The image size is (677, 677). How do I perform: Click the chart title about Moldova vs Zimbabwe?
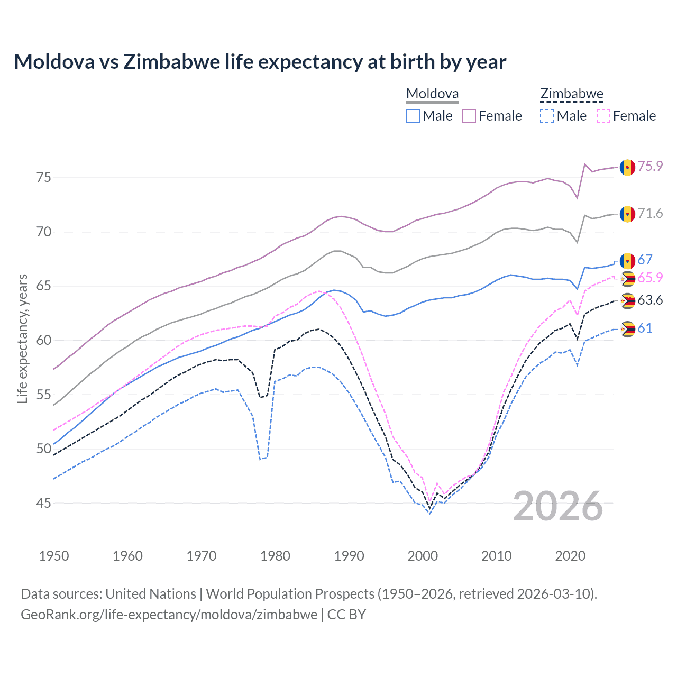(260, 62)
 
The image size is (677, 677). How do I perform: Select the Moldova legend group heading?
(432, 94)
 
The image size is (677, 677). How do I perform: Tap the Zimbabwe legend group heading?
(571, 94)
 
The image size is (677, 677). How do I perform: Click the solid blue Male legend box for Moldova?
(413, 116)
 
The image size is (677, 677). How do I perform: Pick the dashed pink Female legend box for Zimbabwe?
(603, 116)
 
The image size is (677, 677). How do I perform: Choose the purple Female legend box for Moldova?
(469, 116)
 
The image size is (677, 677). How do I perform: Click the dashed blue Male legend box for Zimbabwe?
(547, 116)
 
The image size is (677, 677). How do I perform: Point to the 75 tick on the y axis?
(44, 177)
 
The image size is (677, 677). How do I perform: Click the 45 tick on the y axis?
(44, 503)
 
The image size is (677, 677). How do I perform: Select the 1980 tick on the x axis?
(275, 556)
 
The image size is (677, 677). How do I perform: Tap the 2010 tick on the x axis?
(496, 556)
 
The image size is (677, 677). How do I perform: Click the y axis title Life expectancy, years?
(22, 339)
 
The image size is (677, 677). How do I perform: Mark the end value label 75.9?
(650, 166)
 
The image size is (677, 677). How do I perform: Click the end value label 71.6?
(650, 213)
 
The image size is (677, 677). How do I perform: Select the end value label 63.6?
(650, 300)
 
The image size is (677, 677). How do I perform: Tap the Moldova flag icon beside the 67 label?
(627, 261)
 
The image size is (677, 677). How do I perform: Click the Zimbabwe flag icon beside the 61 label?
(627, 329)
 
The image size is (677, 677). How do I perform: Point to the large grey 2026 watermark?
(557, 506)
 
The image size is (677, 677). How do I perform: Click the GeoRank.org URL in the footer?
(169, 615)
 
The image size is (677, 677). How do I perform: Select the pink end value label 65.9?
(650, 278)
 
